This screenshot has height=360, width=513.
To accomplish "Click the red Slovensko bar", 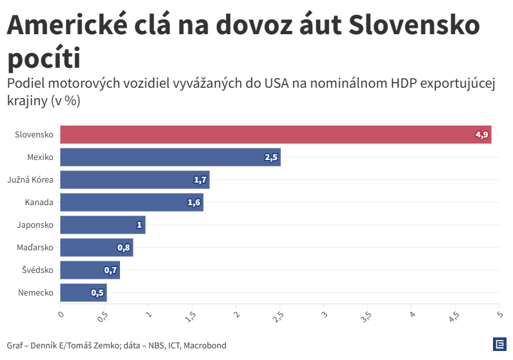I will [x=276, y=135].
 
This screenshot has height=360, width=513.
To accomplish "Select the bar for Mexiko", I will [x=170, y=157].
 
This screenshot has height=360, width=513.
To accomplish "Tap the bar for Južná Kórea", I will [x=135, y=180].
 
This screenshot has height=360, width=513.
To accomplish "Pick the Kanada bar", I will [x=132, y=203].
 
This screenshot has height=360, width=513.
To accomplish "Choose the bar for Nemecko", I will [x=83, y=293].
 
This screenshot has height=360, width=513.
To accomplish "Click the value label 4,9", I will [x=482, y=135].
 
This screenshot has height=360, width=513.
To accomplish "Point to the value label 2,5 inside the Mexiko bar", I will [x=271, y=157].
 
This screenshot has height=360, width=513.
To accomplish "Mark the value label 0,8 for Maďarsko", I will [x=124, y=248].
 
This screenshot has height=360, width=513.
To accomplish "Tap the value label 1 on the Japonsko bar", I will [x=139, y=225].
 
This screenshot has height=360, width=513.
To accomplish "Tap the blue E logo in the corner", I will [x=499, y=345].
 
